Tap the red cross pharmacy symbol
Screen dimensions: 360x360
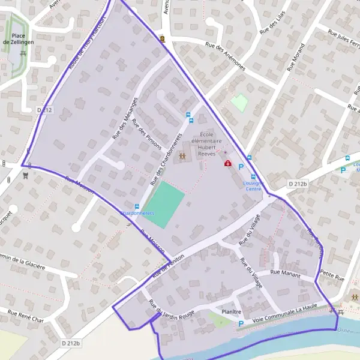pos(227,163)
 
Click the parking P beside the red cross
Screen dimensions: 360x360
pos(241,167)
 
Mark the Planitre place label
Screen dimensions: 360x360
pos(231,312)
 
